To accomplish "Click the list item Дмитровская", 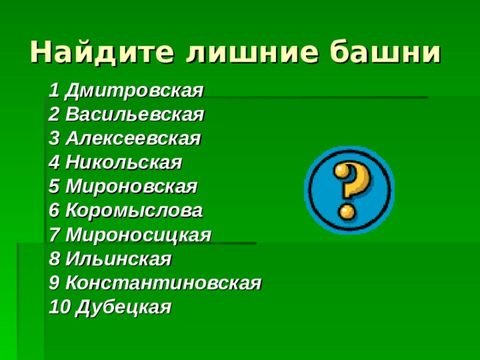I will click(x=134, y=91).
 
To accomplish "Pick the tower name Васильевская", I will click(x=134, y=115).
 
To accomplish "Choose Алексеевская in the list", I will click(x=133, y=139).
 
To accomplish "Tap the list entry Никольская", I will click(x=123, y=163).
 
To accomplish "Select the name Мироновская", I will click(x=130, y=187).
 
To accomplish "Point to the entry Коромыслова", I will click(x=133, y=211).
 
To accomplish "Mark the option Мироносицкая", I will click(x=138, y=235).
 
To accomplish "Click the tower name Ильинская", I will click(x=118, y=259).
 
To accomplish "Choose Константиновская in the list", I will click(x=163, y=283).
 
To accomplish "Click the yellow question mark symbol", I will click(x=348, y=188).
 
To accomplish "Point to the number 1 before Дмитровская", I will click(x=53, y=91).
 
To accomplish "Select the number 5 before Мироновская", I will click(x=53, y=187).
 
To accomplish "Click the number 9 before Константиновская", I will click(x=53, y=283).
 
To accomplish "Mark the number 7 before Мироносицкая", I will click(x=53, y=235).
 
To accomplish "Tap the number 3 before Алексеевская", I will click(x=53, y=139).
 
